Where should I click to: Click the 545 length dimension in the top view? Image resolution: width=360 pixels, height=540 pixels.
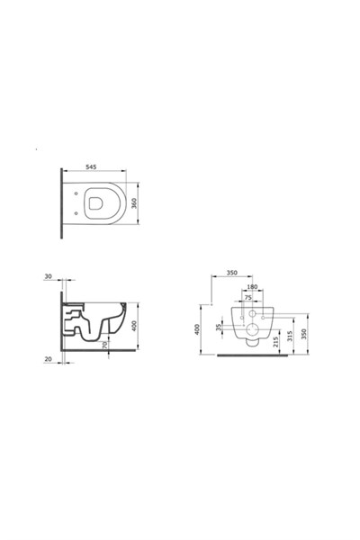(92, 167)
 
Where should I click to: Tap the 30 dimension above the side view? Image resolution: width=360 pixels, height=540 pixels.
(49, 278)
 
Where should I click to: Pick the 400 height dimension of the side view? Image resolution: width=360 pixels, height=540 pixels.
(134, 324)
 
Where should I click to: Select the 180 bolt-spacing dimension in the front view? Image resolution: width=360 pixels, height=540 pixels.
(251, 287)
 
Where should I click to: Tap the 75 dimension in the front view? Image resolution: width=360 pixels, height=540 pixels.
(247, 297)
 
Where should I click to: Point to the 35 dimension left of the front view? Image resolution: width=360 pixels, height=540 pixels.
(220, 328)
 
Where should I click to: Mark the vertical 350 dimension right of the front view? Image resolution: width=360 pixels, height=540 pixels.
(305, 333)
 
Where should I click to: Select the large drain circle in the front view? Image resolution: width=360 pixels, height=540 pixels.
(252, 340)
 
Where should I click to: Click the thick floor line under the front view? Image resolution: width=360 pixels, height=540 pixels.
(255, 356)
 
